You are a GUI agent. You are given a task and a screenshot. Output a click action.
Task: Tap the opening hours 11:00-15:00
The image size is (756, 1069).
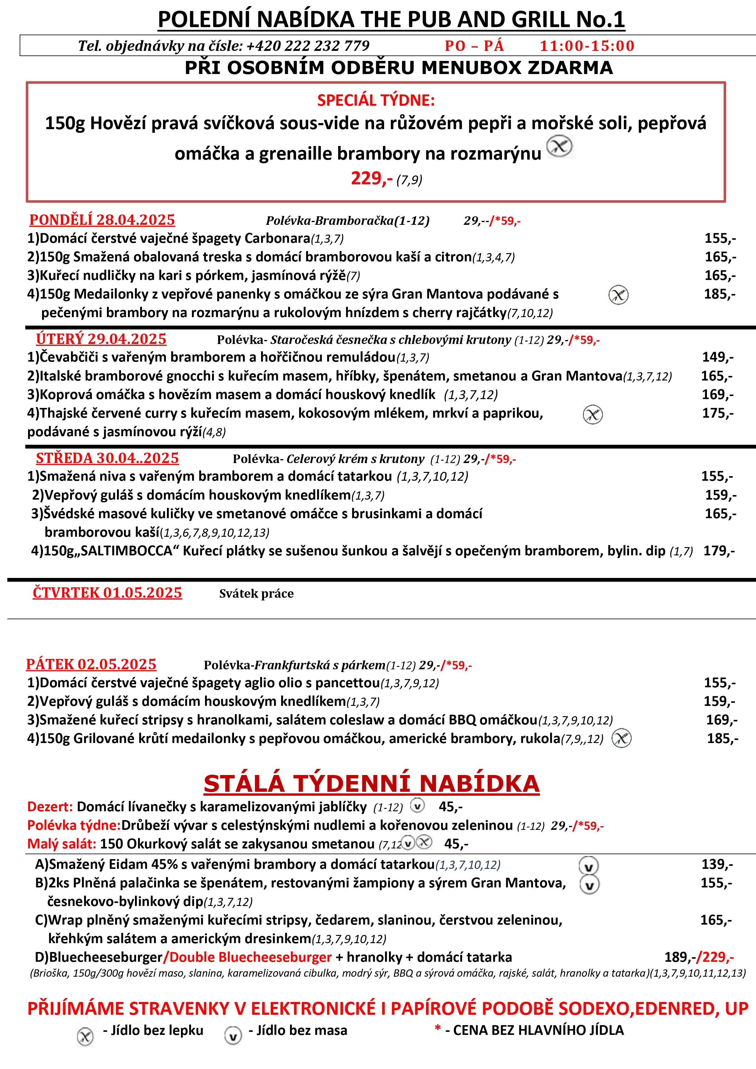(x=587, y=46)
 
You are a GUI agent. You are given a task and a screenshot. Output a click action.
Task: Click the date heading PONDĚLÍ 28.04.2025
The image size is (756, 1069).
(x=102, y=220)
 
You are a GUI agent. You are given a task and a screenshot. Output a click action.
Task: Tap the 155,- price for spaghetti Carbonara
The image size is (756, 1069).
(x=720, y=238)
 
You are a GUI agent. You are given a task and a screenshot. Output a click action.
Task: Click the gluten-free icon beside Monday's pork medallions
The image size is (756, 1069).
(x=618, y=295)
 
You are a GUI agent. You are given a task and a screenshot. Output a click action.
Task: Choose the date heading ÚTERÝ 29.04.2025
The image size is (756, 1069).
(x=101, y=339)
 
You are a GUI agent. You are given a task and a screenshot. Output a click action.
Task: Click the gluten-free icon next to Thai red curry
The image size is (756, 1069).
(x=593, y=414)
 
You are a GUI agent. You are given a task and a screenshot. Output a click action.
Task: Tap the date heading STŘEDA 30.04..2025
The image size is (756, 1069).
(x=107, y=458)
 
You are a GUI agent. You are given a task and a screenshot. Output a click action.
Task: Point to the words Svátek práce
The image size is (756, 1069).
(x=256, y=594)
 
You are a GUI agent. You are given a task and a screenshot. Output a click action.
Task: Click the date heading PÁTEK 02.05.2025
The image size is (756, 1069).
(x=91, y=664)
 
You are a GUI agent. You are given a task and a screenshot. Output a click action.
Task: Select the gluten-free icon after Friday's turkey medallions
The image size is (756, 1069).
(x=621, y=738)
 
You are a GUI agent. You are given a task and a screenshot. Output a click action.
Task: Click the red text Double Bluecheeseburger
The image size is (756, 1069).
(x=250, y=957)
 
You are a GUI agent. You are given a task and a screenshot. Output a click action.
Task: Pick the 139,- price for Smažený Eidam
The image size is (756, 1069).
(x=717, y=865)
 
